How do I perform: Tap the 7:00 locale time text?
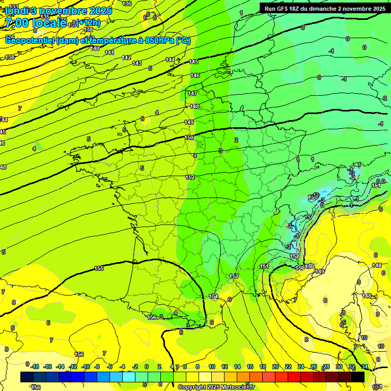tap(35, 23)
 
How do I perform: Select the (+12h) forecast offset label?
tap(88, 23)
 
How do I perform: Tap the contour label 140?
tap(95, 48)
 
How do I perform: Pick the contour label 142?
tap(127, 58)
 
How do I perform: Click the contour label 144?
tap(171, 60)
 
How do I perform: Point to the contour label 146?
tap(195, 75)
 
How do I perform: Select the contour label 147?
tap(192, 93)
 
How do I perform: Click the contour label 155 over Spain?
tap(99, 268)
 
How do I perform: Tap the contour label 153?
tap(234, 276)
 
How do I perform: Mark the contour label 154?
tap(213, 296)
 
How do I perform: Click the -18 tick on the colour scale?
tap(35, 367)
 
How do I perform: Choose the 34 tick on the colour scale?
tap(365, 367)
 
